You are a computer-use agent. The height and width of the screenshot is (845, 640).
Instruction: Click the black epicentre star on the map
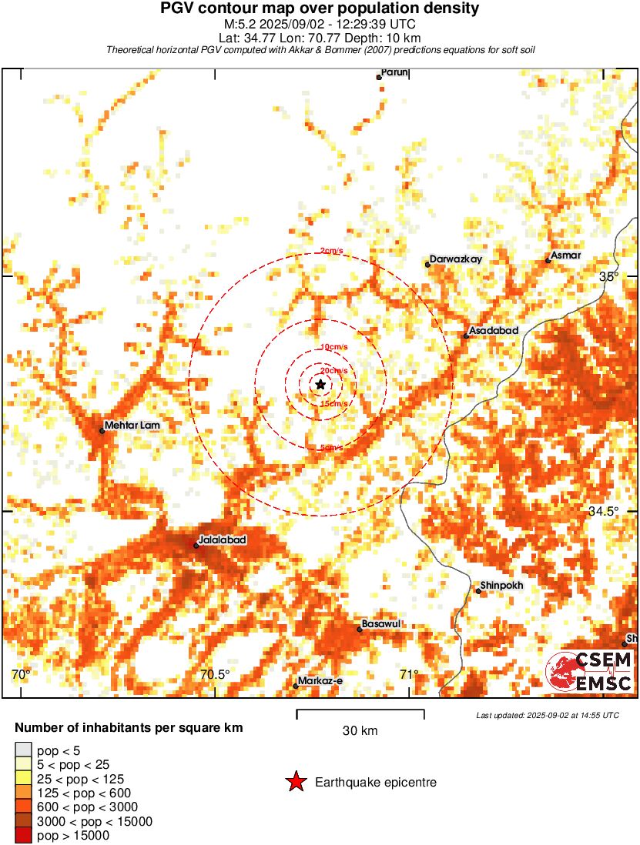[320, 384]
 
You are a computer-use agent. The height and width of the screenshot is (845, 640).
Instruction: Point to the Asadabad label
[494, 331]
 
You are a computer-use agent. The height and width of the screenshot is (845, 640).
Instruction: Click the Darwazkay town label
[456, 259]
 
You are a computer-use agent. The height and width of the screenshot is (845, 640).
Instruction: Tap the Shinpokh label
[501, 586]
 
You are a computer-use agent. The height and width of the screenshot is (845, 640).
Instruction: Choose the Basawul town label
[382, 624]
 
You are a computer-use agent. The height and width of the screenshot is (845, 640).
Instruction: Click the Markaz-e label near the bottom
[321, 681]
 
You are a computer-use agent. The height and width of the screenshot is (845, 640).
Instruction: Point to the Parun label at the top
[394, 72]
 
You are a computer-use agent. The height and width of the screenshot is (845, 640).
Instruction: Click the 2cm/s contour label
[332, 251]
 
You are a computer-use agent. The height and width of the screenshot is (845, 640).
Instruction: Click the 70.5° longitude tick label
[215, 675]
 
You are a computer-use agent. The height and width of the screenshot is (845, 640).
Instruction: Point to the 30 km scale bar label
[360, 731]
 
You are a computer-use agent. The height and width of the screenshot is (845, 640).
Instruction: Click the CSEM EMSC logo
[589, 671]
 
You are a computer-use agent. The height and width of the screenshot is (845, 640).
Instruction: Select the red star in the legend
[296, 783]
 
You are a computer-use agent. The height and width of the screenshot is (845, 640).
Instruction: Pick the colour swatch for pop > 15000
[23, 835]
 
